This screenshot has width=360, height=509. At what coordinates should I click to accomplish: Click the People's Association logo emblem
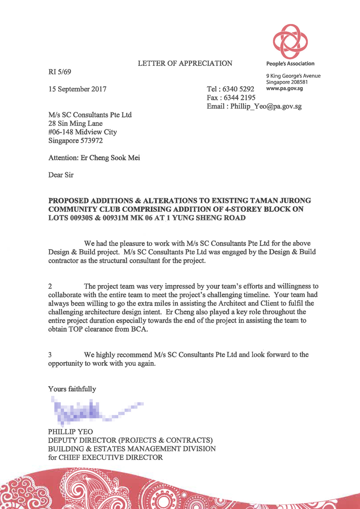290,41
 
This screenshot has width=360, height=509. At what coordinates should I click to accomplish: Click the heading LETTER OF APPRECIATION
185,63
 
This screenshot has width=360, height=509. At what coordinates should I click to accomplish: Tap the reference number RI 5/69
60,72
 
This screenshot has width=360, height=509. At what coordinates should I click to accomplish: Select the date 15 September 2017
77,89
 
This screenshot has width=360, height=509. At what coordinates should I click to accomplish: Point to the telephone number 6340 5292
238,89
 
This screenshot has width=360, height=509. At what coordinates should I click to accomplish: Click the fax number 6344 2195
239,98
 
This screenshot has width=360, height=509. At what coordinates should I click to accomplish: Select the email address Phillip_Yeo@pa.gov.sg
266,106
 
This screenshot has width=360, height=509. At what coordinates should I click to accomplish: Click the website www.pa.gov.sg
284,88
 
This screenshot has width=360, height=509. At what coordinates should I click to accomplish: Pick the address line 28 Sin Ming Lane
75,124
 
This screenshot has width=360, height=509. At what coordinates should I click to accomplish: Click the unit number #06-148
61,132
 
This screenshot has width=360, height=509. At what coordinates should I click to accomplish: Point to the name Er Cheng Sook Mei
110,158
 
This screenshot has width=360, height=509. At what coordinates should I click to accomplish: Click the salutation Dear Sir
61,175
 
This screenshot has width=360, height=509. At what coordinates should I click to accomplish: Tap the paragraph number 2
50,286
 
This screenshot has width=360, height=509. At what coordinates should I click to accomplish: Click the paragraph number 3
50,355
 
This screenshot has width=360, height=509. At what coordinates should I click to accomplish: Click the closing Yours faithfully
72,389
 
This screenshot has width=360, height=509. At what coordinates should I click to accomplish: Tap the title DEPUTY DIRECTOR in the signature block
82,440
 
